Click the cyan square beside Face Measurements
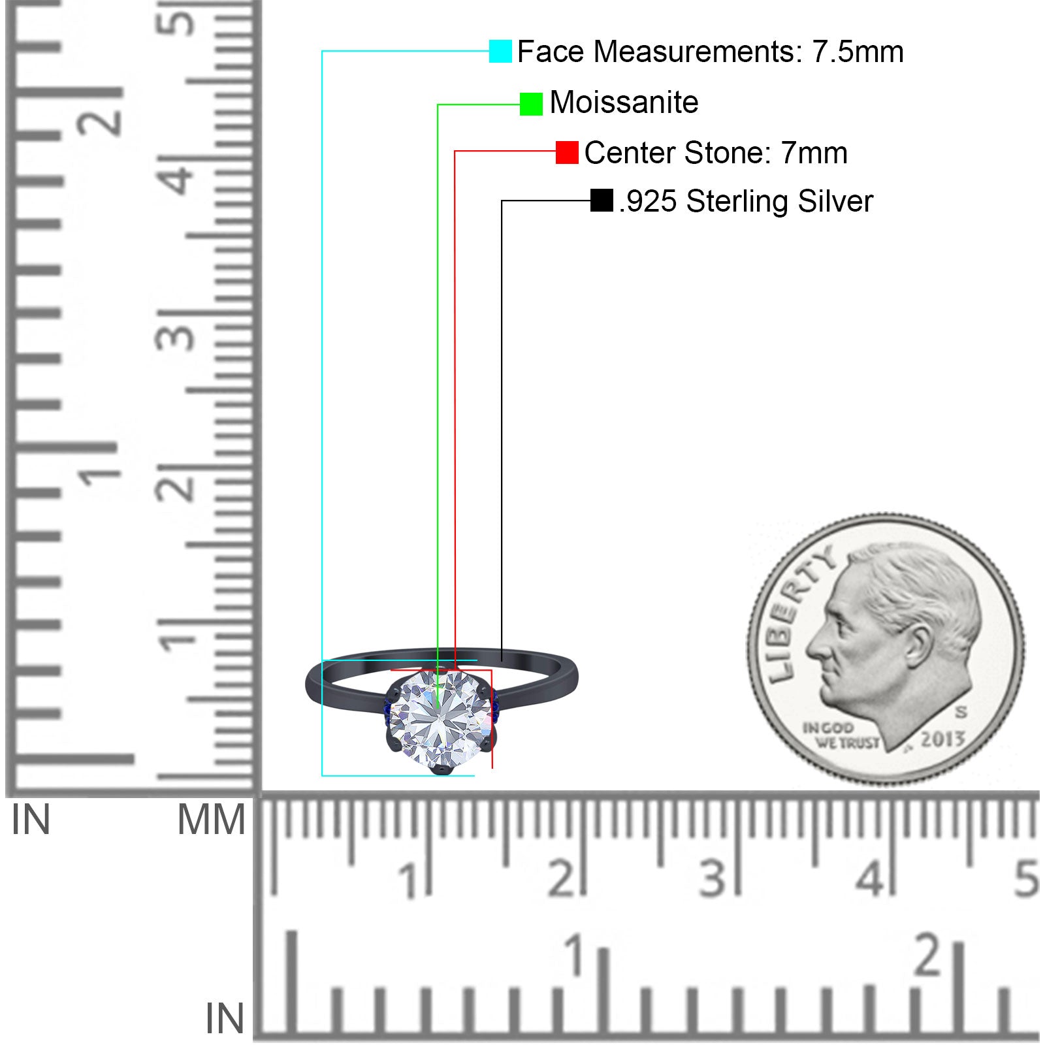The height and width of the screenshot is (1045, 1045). (x=500, y=51)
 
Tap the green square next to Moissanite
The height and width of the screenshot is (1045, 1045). (x=531, y=104)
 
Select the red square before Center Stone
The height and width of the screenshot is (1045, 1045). (x=567, y=153)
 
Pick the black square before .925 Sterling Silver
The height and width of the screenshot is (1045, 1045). (x=602, y=201)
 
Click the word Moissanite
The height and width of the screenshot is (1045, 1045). (x=624, y=103)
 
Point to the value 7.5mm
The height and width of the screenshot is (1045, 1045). (x=858, y=52)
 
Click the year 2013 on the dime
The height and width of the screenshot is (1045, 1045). (x=942, y=739)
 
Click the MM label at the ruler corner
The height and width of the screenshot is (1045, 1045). (x=212, y=820)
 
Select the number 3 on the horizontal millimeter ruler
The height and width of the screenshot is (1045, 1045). (x=712, y=878)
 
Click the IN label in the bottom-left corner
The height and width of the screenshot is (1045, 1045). (x=225, y=1019)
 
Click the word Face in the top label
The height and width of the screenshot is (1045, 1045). (x=551, y=52)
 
